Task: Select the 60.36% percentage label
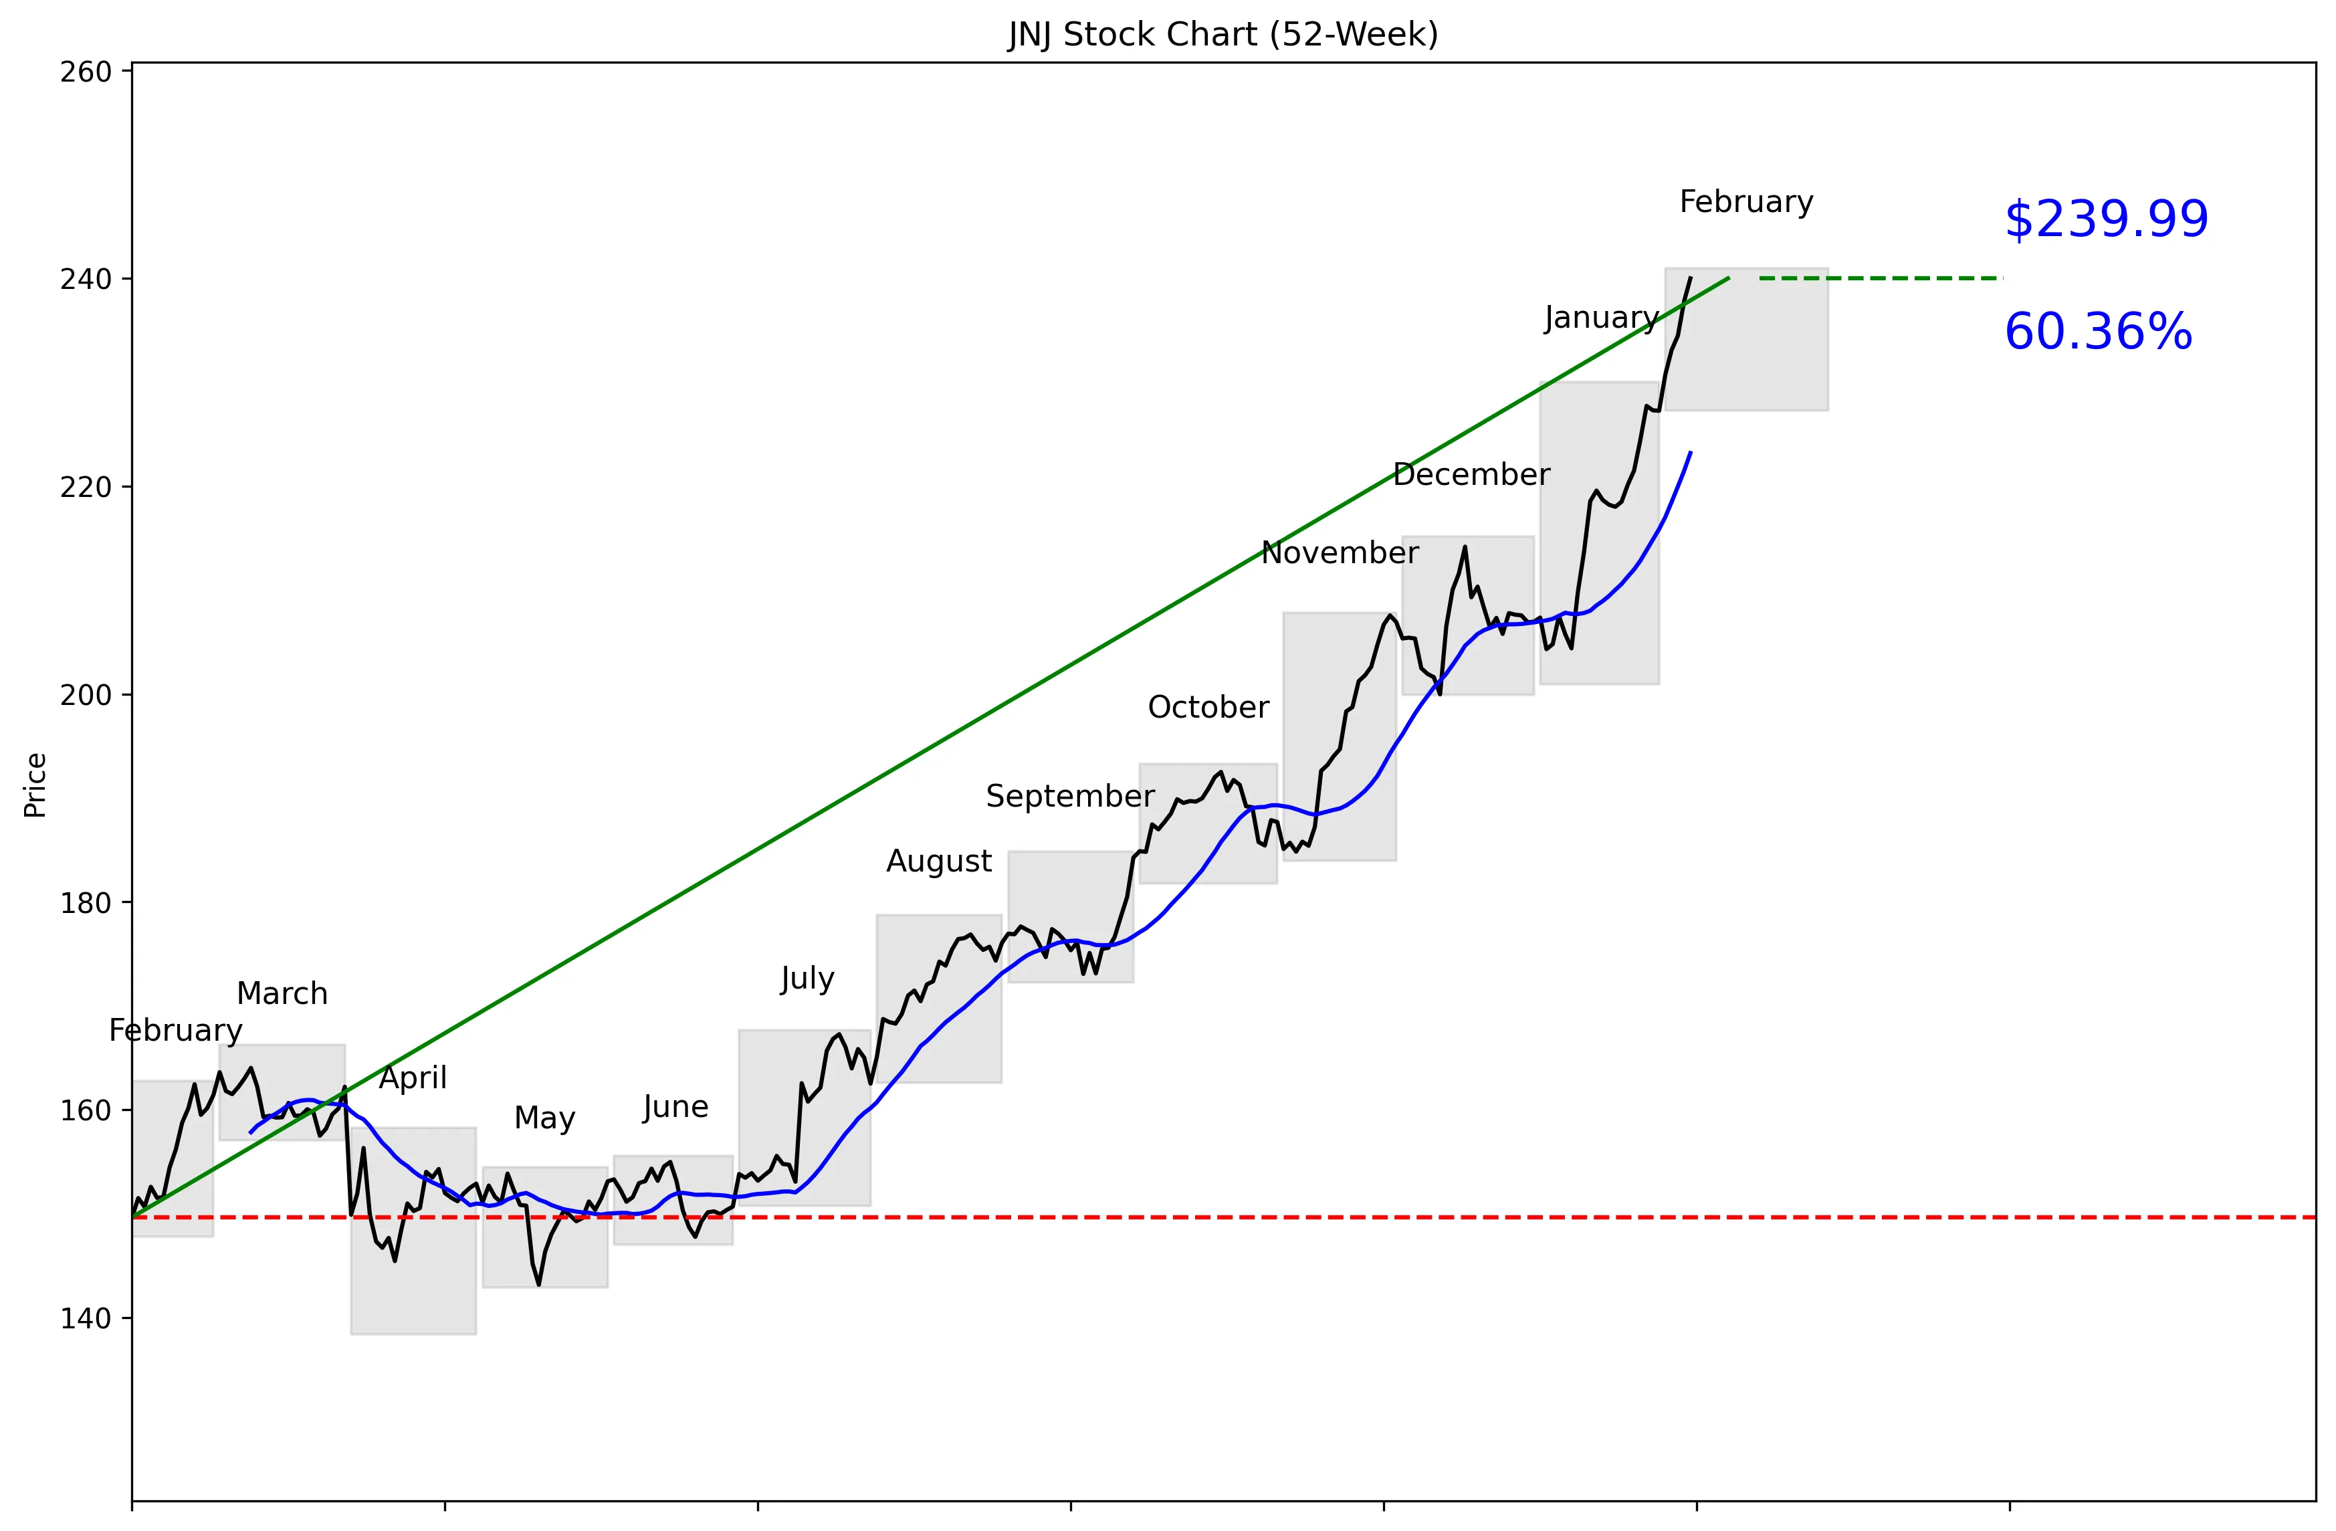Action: coord(2097,332)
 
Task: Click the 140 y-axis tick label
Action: coord(86,1318)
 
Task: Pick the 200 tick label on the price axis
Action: coord(86,695)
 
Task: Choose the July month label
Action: coord(807,979)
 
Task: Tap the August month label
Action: coord(938,861)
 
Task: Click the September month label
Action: coord(1070,796)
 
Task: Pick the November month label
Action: coord(1339,554)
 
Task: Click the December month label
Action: coord(1471,475)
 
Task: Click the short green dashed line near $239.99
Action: coord(1880,279)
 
